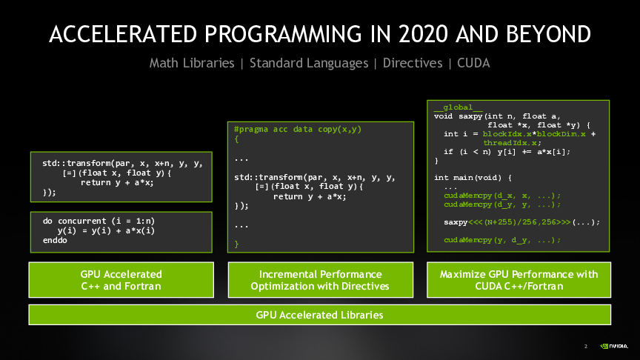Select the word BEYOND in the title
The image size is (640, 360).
[548, 34]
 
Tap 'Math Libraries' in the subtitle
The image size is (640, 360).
[192, 63]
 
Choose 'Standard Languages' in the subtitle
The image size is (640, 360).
[309, 63]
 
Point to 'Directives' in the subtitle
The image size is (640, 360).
[413, 63]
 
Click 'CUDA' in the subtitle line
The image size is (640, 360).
[473, 63]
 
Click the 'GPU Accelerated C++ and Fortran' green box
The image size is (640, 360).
[121, 280]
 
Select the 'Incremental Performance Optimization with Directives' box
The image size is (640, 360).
[321, 280]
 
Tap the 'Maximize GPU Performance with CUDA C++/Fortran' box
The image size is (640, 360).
[519, 280]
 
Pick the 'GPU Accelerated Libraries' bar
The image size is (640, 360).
[319, 315]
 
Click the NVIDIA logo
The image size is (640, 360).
[614, 346]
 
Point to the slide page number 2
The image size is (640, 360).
[586, 347]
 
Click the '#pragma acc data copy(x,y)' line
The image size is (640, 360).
[298, 130]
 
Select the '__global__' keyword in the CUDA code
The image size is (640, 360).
[458, 107]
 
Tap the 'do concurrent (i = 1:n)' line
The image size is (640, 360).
[99, 221]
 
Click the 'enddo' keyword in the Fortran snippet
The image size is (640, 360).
[55, 241]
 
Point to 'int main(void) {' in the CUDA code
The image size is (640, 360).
[473, 178]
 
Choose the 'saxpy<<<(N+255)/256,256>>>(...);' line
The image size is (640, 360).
[522, 222]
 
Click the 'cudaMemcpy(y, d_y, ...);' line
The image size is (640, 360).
[502, 240]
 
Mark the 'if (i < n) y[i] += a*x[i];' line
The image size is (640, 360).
[507, 152]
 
